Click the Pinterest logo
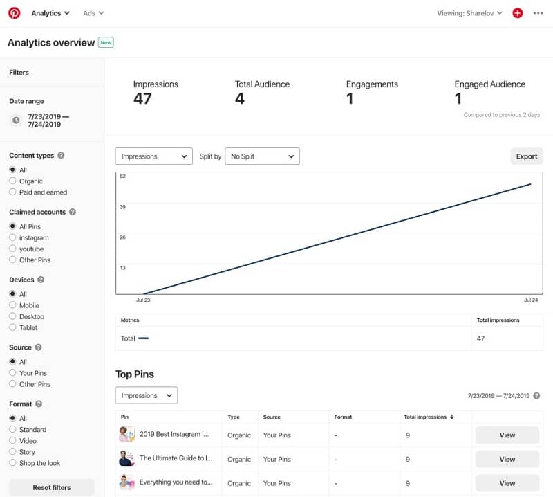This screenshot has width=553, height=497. coord(14,13)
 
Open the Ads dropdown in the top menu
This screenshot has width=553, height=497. coord(93,13)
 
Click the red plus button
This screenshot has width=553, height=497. coord(517,13)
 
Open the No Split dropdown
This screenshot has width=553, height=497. coord(262,156)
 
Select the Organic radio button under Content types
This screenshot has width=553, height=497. coord(12,181)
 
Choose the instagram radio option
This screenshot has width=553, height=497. coord(12,237)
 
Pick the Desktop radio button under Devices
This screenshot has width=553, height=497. coord(12,316)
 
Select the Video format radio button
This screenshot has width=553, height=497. coord(12,440)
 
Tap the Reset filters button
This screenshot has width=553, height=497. coord(51,487)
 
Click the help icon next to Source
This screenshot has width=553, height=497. coord(39,347)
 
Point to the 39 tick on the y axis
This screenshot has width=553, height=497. coord(122,207)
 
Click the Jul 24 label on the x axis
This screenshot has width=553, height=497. coord(531,300)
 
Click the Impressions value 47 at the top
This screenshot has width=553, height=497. coord(142,98)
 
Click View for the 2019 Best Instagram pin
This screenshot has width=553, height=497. coord(507,435)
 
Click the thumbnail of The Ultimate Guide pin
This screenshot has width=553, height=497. coord(127,458)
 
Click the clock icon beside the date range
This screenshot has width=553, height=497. coord(16,120)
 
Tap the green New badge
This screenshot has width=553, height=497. coord(106,42)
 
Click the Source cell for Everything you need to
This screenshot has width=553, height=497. coord(277,483)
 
